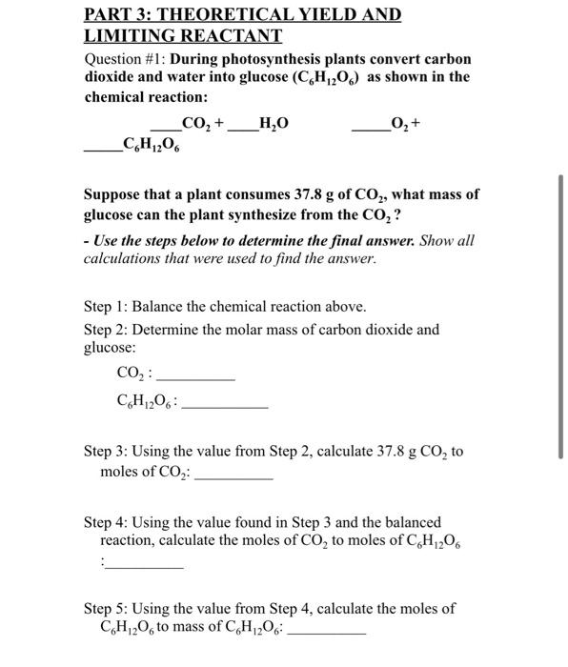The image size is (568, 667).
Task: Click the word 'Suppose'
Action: click(x=112, y=194)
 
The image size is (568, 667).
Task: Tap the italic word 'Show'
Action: click(x=436, y=240)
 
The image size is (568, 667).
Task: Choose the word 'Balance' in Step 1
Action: click(x=158, y=307)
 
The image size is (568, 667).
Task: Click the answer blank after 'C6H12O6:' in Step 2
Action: click(x=224, y=406)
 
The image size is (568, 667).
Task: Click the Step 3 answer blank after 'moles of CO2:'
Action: click(x=233, y=475)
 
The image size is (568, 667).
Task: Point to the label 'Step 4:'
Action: click(x=107, y=522)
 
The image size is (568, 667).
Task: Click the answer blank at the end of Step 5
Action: click(x=326, y=633)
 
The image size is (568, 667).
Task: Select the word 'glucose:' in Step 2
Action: click(x=111, y=349)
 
